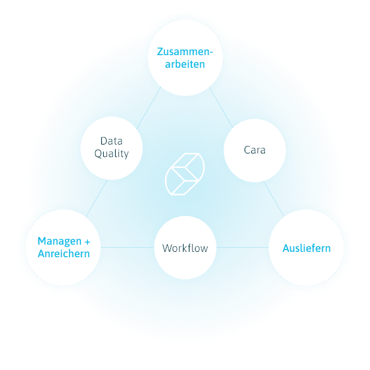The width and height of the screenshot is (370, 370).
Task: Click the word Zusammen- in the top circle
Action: [185, 52]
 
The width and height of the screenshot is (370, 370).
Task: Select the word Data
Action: [112, 142]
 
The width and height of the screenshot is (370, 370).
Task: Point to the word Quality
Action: [112, 154]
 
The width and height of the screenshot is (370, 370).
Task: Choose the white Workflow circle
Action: [185, 248]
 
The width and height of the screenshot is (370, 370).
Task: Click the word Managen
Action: [59, 242]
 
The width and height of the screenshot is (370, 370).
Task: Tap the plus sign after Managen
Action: [87, 242]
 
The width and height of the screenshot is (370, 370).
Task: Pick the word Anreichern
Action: [64, 254]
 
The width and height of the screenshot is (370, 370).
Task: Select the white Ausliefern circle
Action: [306, 248]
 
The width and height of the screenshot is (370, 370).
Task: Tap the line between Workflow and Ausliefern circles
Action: [242, 248]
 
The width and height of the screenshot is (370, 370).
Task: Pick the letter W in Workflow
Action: [167, 248]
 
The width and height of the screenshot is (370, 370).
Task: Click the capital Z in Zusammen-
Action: [160, 52]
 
